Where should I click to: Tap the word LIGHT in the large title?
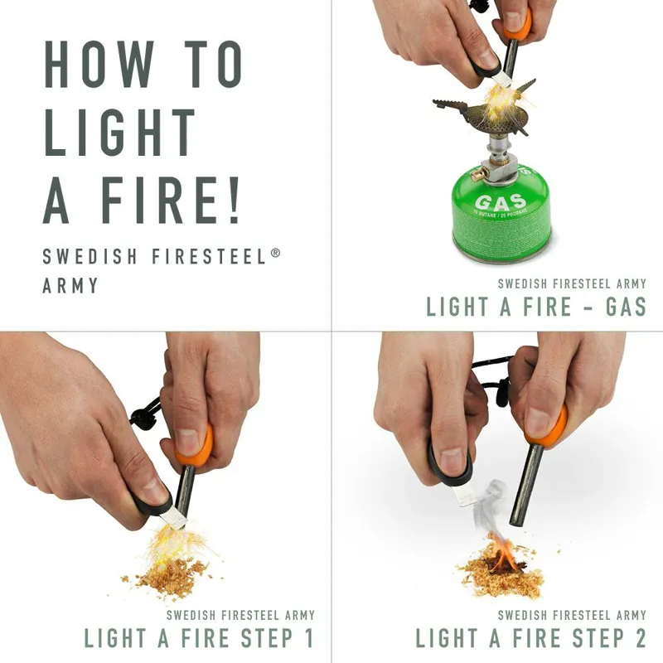click(x=120, y=132)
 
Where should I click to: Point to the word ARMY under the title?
click(x=70, y=286)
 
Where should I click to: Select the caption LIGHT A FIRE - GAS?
click(x=536, y=307)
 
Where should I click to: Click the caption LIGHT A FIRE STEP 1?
click(x=199, y=638)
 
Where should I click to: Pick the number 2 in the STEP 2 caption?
click(x=637, y=638)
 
